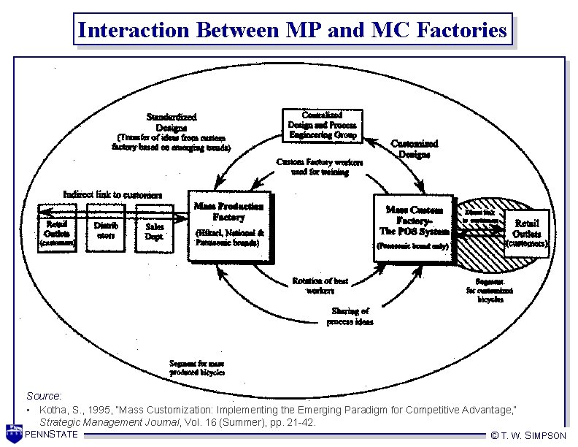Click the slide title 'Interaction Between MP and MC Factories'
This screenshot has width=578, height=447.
pos(292,30)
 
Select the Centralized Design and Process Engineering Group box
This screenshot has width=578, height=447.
pos(323,125)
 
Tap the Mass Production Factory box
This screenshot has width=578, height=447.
pos(230,226)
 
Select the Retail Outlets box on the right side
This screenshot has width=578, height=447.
pos(527,229)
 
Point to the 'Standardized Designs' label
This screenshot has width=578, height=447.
pos(172,121)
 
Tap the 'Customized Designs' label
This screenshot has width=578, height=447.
pos(415,149)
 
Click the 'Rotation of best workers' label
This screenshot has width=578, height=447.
pos(320,286)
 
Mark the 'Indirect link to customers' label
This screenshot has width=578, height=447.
pos(112,194)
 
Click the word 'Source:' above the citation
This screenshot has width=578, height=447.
pos(44,395)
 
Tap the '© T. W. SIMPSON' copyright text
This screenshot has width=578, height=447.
pos(528,435)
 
